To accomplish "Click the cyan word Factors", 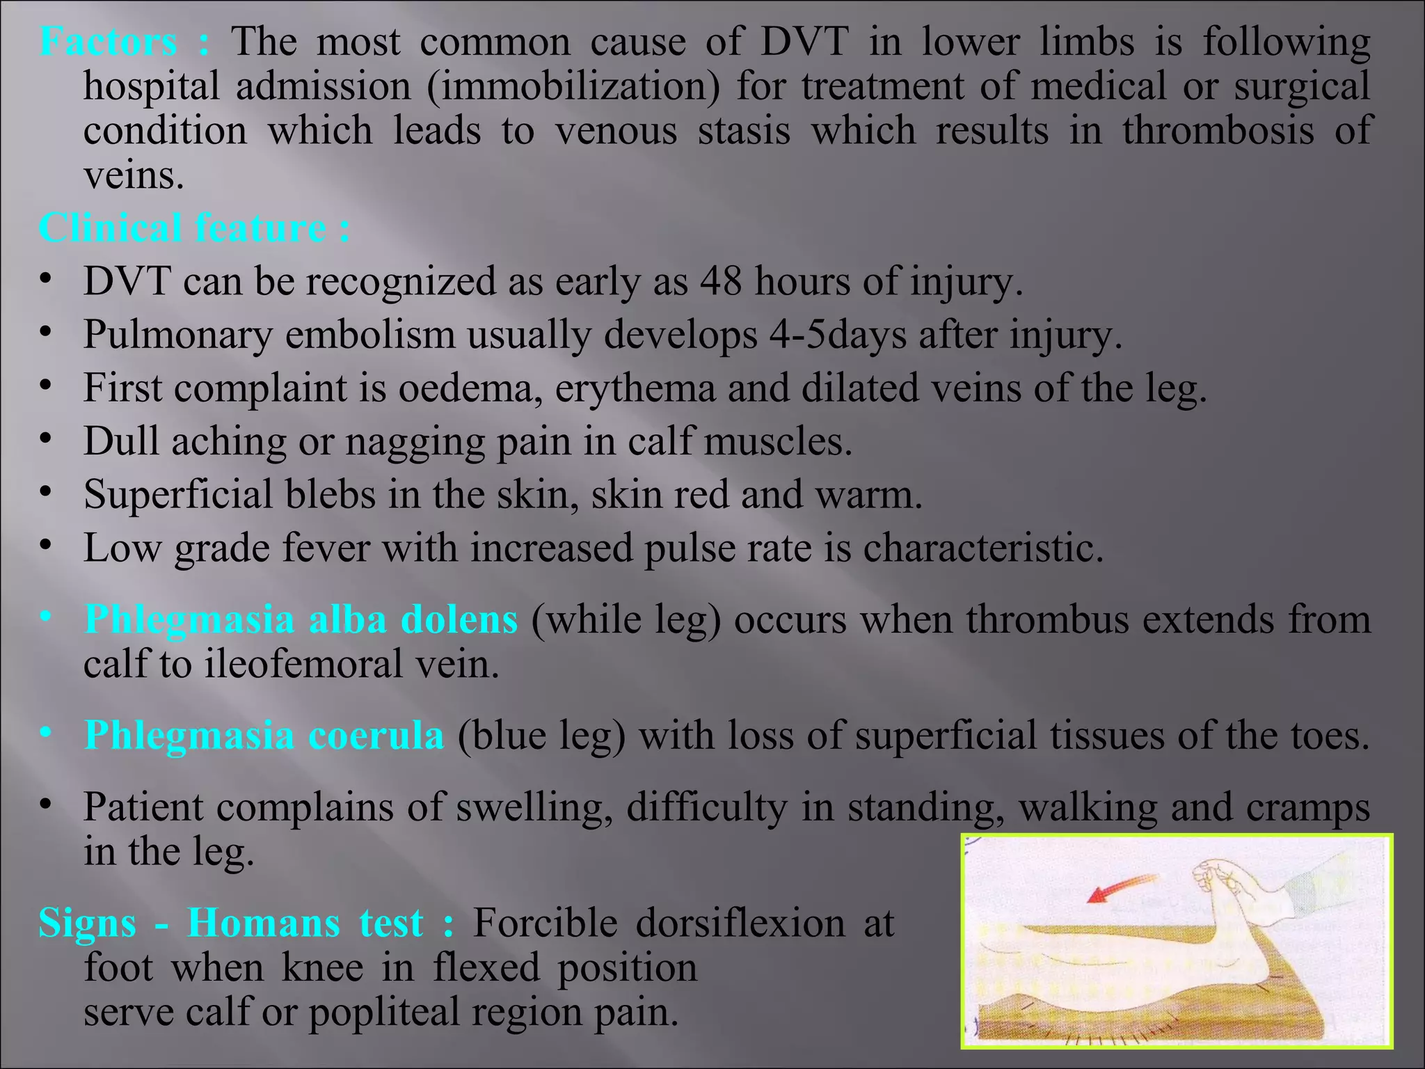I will click(x=108, y=42).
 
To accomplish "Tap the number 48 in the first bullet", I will click(x=721, y=281).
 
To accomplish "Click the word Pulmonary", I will click(x=177, y=335).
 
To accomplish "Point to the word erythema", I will click(x=635, y=388).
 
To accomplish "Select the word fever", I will click(x=326, y=548).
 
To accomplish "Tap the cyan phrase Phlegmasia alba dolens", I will click(x=301, y=619).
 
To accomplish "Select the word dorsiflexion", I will click(x=739, y=924).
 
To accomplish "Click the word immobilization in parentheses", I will click(x=573, y=87).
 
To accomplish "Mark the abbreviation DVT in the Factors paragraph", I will click(x=804, y=42).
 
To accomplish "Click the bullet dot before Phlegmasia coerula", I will click(x=46, y=733).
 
